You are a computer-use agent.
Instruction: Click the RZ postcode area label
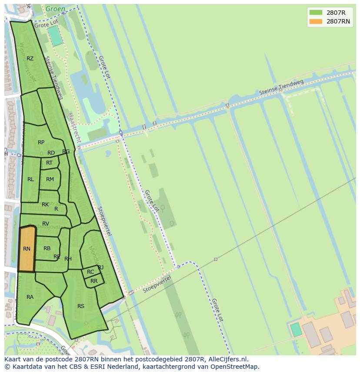tap(30, 59)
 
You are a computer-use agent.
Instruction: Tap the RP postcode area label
tap(41, 142)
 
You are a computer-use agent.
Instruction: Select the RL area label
tap(30, 179)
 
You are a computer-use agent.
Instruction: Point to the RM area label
tap(50, 179)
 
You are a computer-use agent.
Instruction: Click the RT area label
tap(49, 163)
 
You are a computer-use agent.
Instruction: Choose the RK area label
tap(45, 205)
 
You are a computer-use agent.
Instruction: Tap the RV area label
tap(46, 224)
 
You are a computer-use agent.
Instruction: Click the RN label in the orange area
tap(27, 249)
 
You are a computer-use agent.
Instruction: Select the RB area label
tap(47, 248)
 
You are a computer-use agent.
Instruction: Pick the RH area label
tap(68, 259)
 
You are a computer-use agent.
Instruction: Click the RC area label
tap(90, 272)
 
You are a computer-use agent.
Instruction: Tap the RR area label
tap(94, 281)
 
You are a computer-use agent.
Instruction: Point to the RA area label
tap(30, 297)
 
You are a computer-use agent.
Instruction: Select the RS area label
tap(81, 306)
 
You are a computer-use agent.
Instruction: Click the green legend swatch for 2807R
tap(316, 12)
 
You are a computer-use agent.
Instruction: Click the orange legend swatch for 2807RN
tap(316, 21)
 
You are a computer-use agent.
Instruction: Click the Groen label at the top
tap(55, 8)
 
